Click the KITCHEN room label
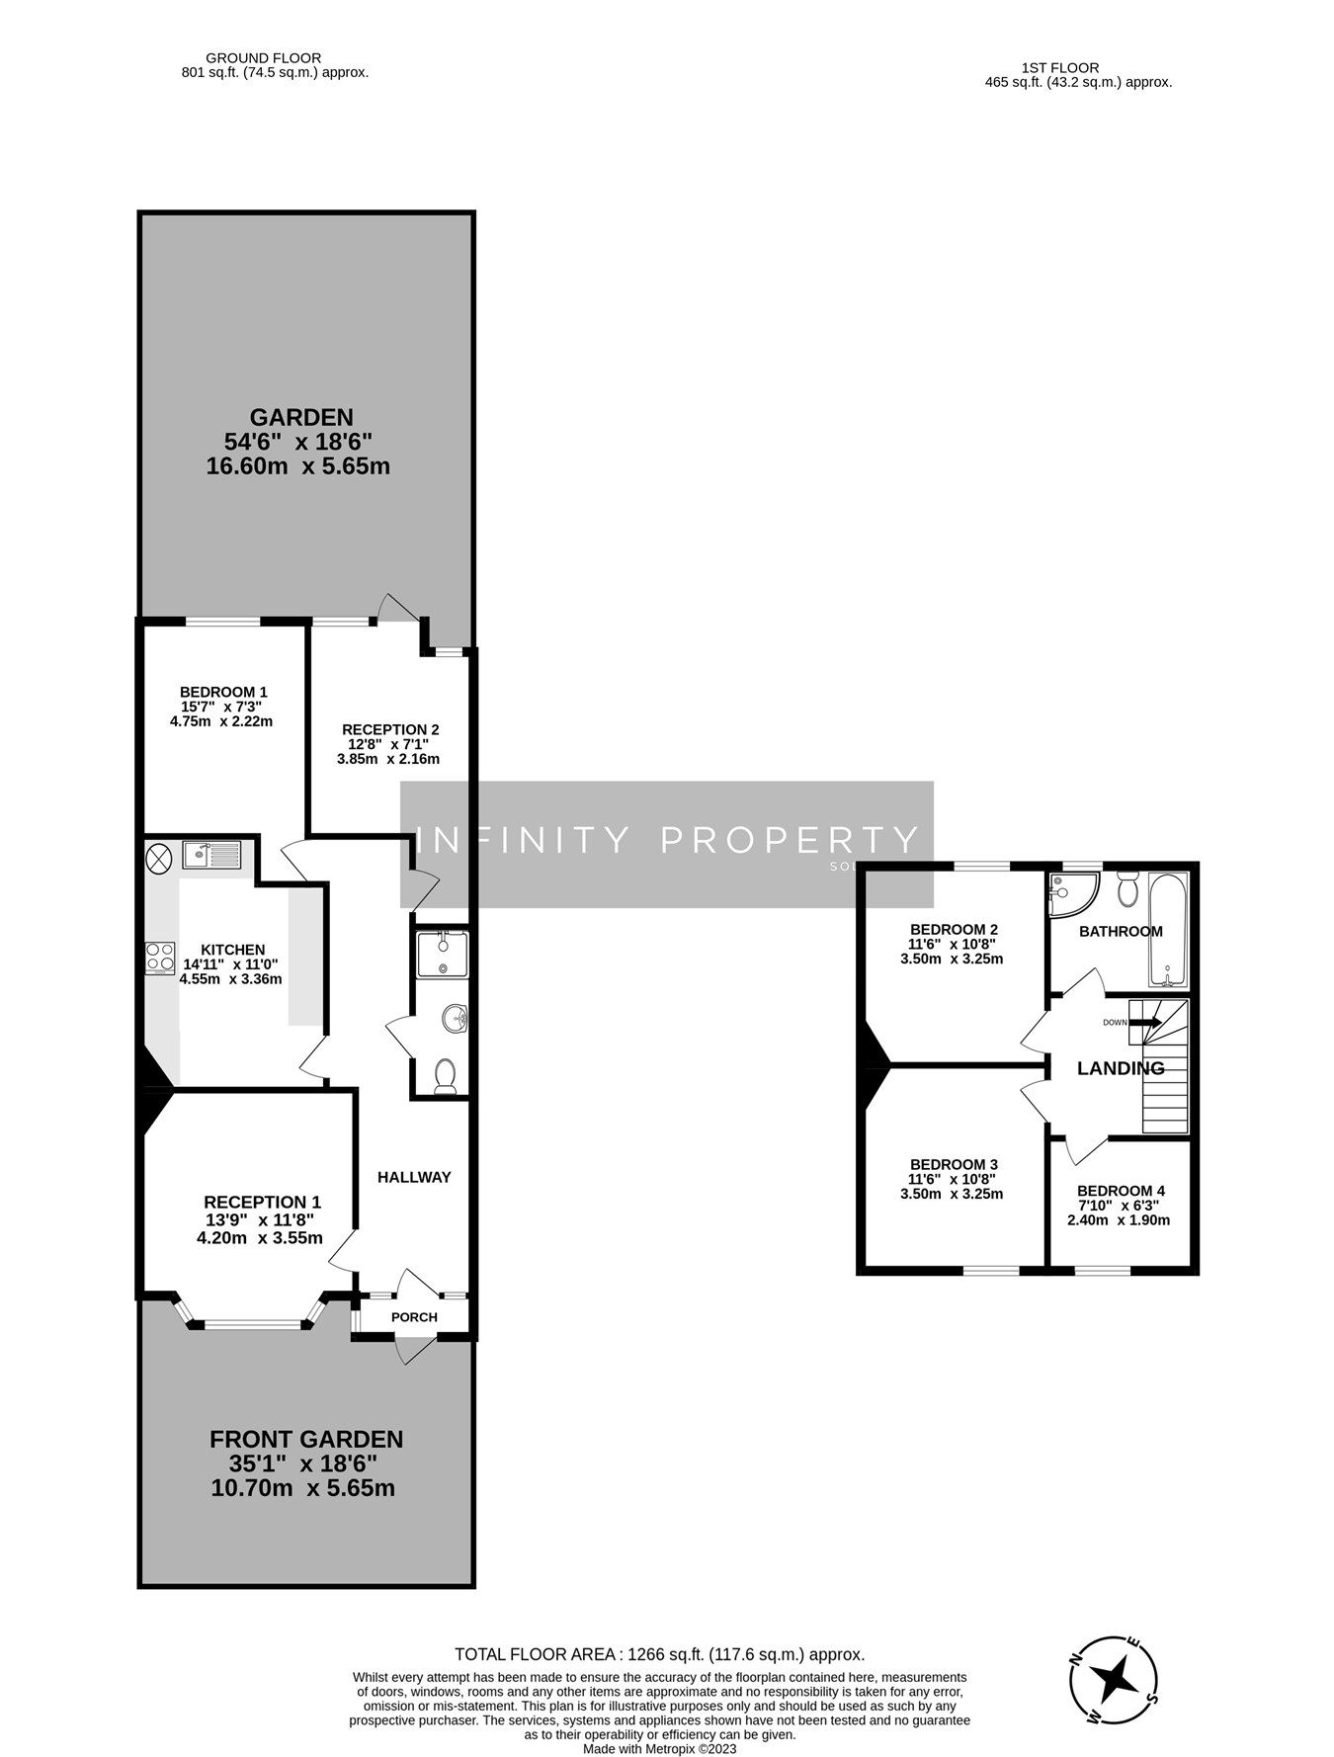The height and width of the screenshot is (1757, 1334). (x=232, y=950)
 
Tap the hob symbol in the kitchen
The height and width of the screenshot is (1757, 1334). (x=159, y=958)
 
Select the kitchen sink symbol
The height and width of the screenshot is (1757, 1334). (x=211, y=854)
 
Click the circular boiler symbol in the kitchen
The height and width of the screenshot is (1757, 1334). (x=159, y=857)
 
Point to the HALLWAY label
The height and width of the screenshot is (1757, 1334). (x=414, y=1177)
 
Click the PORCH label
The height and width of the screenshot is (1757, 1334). (x=414, y=1317)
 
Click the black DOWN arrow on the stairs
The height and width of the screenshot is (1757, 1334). (x=1147, y=1023)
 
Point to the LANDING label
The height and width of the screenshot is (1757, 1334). (x=1121, y=1068)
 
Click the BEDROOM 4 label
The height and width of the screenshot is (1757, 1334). (x=1115, y=1191)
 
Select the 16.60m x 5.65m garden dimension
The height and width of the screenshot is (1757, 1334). (x=297, y=465)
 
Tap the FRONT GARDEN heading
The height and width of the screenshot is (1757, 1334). (x=306, y=1439)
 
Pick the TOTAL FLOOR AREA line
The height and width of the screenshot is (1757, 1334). (x=659, y=1654)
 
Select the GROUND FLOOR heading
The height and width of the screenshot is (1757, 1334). (x=263, y=58)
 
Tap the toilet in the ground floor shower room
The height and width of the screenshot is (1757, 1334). (x=445, y=1074)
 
